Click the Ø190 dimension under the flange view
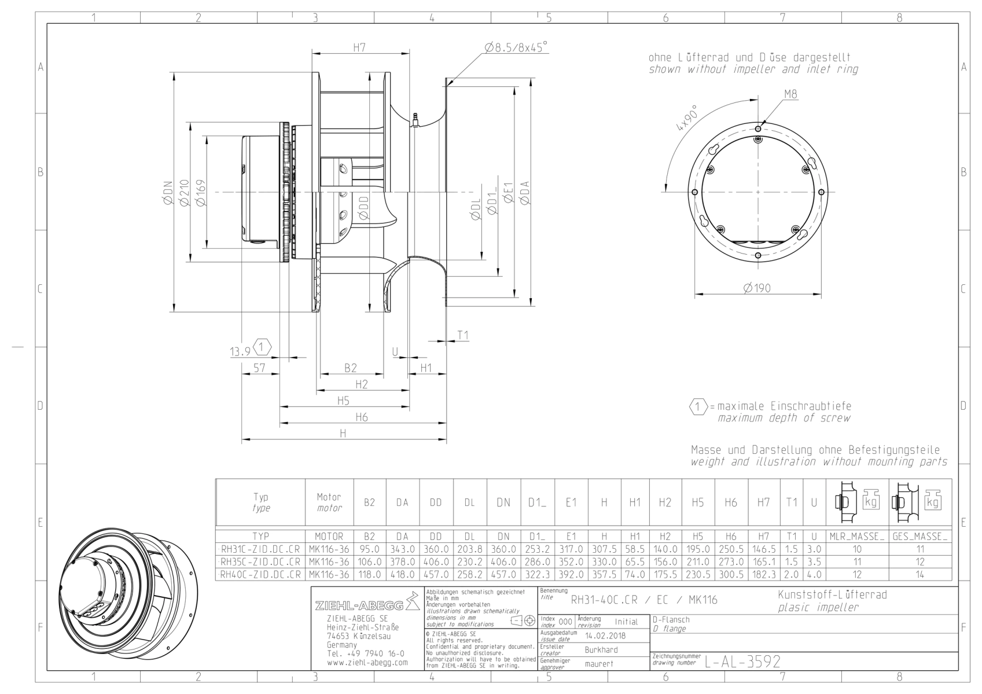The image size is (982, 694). pyautogui.click(x=757, y=288)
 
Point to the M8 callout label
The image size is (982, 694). pyautogui.click(x=791, y=94)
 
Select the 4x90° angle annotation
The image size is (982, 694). pyautogui.click(x=687, y=117)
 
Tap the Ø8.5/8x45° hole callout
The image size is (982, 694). pyautogui.click(x=516, y=47)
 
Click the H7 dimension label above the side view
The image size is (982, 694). pyautogui.click(x=359, y=47)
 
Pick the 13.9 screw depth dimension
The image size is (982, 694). pyautogui.click(x=240, y=351)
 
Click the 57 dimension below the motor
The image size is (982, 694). pyautogui.click(x=259, y=368)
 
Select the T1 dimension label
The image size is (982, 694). pyautogui.click(x=463, y=335)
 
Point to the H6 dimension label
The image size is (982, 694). pyautogui.click(x=362, y=417)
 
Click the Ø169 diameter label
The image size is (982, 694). pyautogui.click(x=201, y=192)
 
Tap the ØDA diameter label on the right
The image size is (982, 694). pyautogui.click(x=525, y=193)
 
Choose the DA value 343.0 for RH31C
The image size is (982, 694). pyautogui.click(x=402, y=549)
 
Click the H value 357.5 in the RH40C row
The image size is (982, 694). pyautogui.click(x=604, y=574)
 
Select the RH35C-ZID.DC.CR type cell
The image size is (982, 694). pyautogui.click(x=260, y=561)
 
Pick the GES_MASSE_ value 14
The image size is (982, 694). pyautogui.click(x=920, y=574)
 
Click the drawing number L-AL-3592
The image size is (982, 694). pyautogui.click(x=742, y=662)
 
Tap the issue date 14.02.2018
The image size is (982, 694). pyautogui.click(x=605, y=636)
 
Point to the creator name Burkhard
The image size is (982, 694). pyautogui.click(x=601, y=650)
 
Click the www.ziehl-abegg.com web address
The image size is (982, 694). pyautogui.click(x=367, y=663)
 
